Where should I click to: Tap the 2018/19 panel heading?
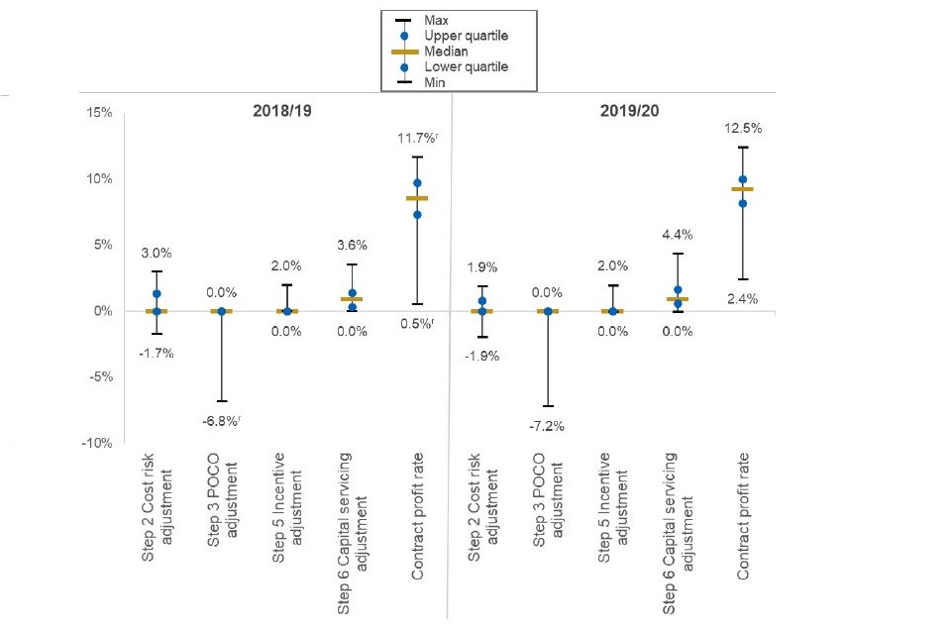[x=282, y=111]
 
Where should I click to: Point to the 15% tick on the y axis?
[x=97, y=113]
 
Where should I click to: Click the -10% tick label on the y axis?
[x=95, y=443]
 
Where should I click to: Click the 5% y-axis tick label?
[x=100, y=245]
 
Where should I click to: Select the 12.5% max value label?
[x=742, y=129]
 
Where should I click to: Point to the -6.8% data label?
[x=223, y=422]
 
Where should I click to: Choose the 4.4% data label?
[x=678, y=236]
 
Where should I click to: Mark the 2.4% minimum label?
[x=742, y=298]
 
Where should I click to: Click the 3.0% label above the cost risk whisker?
[x=157, y=254]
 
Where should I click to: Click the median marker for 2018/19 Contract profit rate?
[x=417, y=198]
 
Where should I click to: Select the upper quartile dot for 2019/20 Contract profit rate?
[x=742, y=179]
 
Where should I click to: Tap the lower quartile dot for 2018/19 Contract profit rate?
[x=417, y=214]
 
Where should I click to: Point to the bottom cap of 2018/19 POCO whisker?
[x=221, y=400]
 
